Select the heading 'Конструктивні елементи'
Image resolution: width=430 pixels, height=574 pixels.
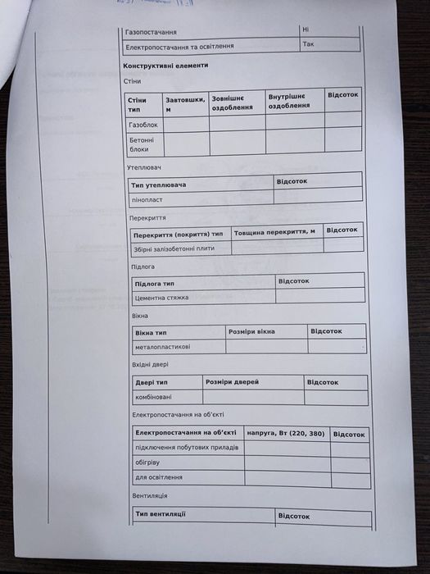point(165,65)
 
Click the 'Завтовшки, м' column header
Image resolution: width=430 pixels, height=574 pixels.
point(184,104)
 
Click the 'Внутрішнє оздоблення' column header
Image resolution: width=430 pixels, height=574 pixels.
point(289,101)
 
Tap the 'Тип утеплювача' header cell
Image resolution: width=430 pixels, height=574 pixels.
point(159,184)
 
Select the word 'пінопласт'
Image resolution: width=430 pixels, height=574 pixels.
point(149,199)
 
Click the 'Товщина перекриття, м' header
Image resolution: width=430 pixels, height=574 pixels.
point(274,232)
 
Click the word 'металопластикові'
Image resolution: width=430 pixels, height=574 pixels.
point(162,347)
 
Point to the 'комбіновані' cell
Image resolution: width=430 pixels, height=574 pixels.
point(154,397)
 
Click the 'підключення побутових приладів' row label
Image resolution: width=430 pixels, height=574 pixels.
point(187,447)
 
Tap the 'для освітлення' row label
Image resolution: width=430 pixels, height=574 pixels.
point(159,476)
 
